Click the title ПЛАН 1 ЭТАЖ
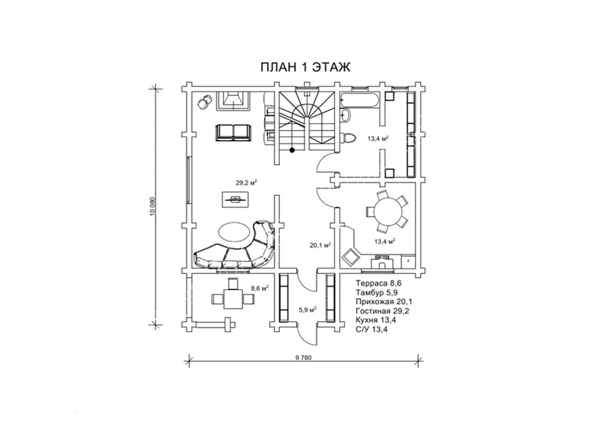(305, 67)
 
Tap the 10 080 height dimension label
(152, 207)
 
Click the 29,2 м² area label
(247, 182)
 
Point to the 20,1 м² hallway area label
(321, 245)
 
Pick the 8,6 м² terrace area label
(260, 289)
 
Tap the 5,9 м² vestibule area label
(307, 309)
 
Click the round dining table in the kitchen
(387, 212)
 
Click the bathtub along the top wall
(358, 100)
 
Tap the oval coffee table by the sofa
(234, 231)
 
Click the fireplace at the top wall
(233, 100)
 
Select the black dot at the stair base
(292, 151)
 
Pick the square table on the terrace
(233, 299)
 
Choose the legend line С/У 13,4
(372, 329)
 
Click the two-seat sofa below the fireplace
(233, 133)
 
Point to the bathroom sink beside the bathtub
(346, 115)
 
